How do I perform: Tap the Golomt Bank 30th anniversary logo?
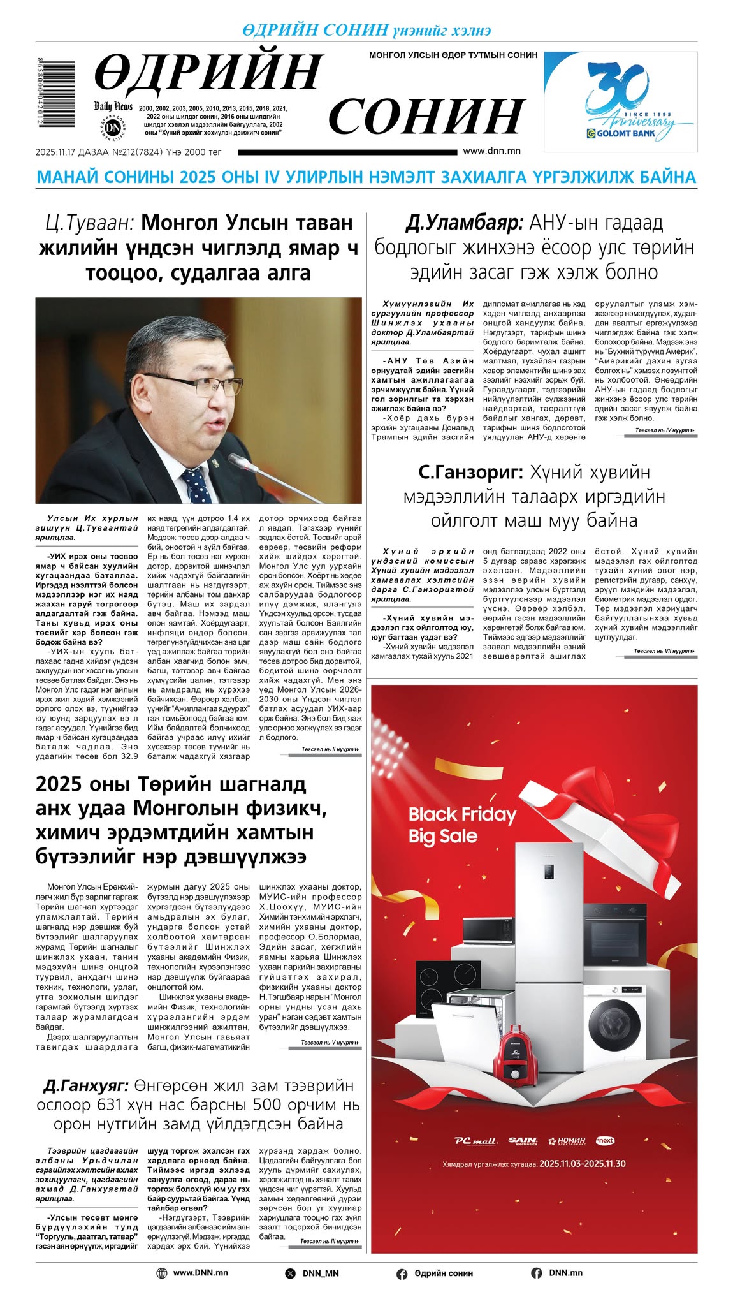point(620,101)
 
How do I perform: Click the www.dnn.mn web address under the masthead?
point(491,151)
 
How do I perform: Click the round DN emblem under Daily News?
point(113,128)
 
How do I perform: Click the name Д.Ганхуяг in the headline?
point(86,1085)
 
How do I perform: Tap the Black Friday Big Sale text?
point(461,825)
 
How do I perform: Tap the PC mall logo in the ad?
point(475,1141)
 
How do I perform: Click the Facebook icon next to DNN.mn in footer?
point(536,1273)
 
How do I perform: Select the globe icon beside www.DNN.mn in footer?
point(162,1273)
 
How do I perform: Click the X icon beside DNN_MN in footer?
point(291,1273)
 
